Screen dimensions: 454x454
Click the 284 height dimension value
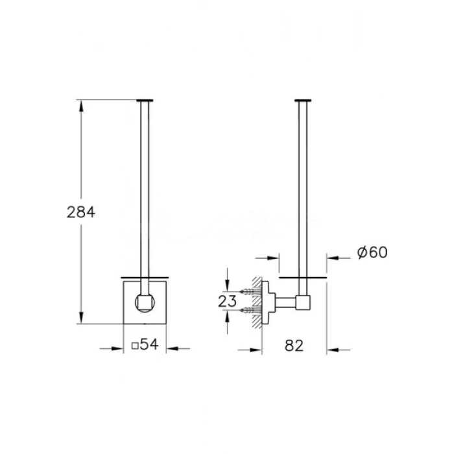pyautogui.click(x=81, y=212)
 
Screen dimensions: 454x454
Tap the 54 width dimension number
pyautogui.click(x=149, y=344)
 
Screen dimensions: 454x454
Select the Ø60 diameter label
pyautogui.click(x=372, y=252)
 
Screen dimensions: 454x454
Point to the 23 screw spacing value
pyautogui.click(x=227, y=301)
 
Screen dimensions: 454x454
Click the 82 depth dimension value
pyautogui.click(x=294, y=346)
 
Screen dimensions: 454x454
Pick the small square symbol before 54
pyautogui.click(x=135, y=346)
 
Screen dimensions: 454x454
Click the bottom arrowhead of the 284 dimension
pyautogui.click(x=81, y=318)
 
